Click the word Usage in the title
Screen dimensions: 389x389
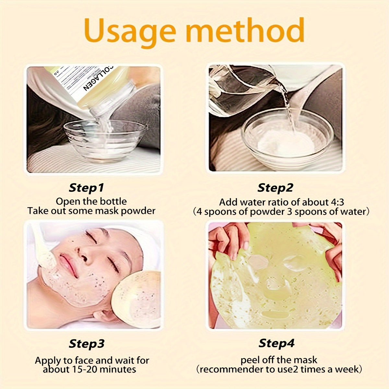(131, 31)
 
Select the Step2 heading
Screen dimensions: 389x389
(275, 188)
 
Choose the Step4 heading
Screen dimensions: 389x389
(277, 343)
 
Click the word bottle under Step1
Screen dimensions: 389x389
(112, 201)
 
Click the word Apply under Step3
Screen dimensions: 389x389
(48, 360)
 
